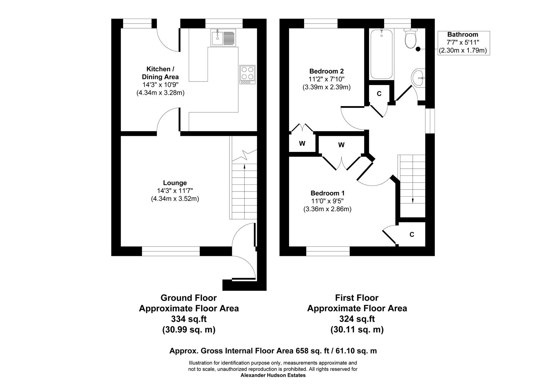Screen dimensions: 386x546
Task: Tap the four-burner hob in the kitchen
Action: coord(247,74)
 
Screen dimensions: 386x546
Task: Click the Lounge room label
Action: coord(175,183)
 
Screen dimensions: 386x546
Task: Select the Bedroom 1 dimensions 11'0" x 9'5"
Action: coord(327,201)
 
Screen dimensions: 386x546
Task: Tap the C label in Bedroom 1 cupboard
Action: coord(412,234)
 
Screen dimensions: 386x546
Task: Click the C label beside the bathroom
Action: coord(379,94)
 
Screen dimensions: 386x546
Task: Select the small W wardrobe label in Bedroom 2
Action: coord(302,144)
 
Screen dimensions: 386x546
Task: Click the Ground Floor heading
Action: coord(188,298)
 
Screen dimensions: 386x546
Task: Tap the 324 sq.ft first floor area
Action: coord(357,319)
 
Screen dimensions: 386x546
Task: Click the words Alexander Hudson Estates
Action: coord(273,375)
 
